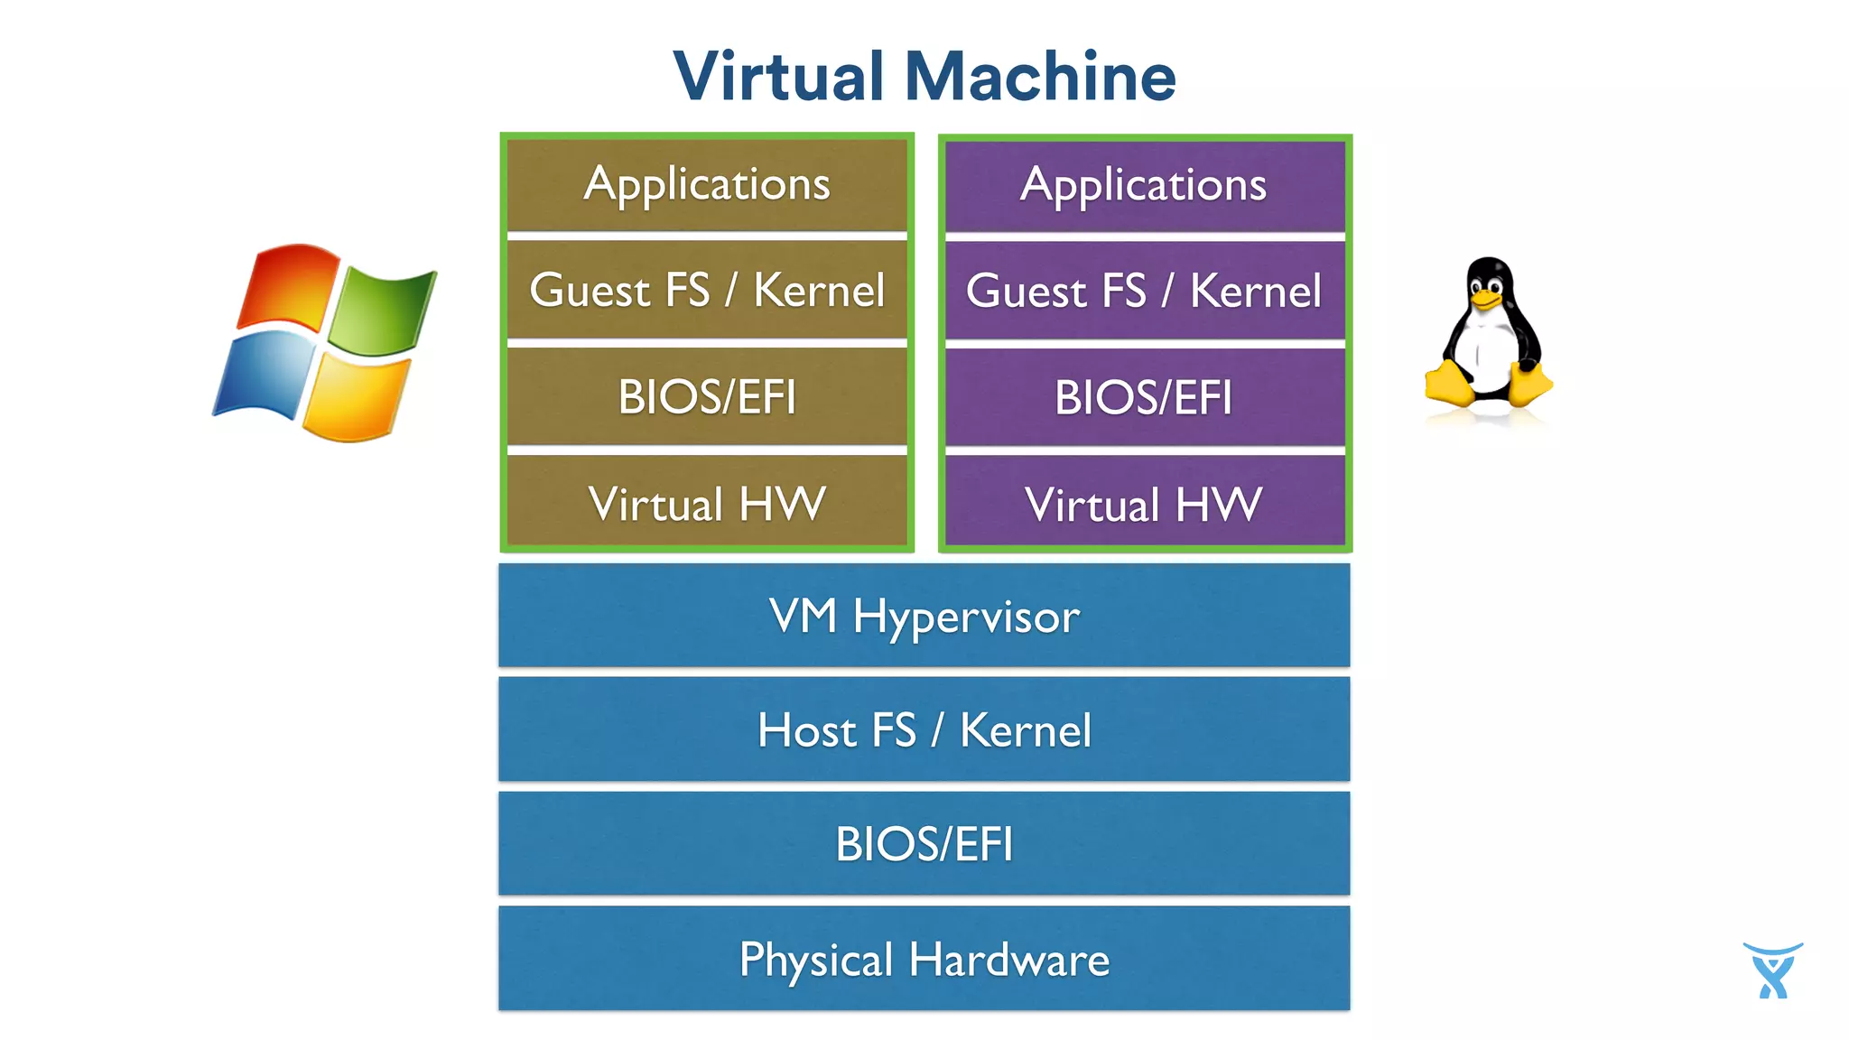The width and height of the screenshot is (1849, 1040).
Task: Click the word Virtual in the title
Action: click(778, 77)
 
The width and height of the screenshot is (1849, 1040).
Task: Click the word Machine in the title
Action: click(1040, 77)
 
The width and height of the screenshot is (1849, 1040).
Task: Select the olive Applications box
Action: click(707, 184)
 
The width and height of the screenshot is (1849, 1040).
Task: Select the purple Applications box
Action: click(1144, 185)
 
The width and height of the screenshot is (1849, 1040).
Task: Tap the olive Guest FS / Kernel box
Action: click(707, 291)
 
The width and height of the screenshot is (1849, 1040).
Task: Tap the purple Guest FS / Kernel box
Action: click(1144, 292)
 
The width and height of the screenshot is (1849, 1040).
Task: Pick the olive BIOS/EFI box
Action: click(707, 397)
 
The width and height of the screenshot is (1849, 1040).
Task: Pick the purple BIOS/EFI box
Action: click(1144, 398)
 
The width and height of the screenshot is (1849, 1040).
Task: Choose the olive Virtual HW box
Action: click(707, 503)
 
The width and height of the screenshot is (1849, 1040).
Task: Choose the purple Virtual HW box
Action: click(1144, 504)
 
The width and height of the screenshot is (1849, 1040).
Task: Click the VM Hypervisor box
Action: click(924, 616)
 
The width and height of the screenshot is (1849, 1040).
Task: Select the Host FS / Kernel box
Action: click(924, 729)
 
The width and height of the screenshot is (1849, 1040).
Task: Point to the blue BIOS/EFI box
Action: click(924, 844)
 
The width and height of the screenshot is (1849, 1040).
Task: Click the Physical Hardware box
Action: click(924, 959)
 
